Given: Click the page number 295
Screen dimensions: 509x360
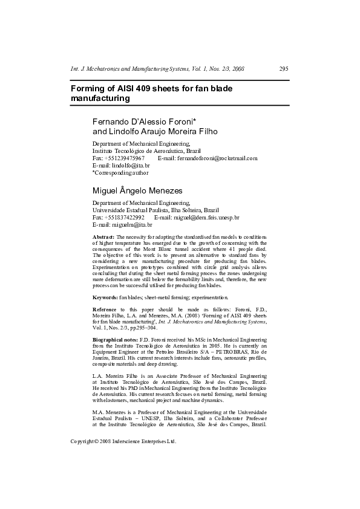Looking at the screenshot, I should tap(284, 70).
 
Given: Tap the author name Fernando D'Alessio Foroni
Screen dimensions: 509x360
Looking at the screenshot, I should tap(149, 121).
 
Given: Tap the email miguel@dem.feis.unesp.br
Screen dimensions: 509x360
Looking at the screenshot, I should tap(206, 217).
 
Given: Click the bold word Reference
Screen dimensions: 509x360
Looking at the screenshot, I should tap(105, 310).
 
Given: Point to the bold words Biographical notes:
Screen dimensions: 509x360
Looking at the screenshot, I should tap(118, 340).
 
